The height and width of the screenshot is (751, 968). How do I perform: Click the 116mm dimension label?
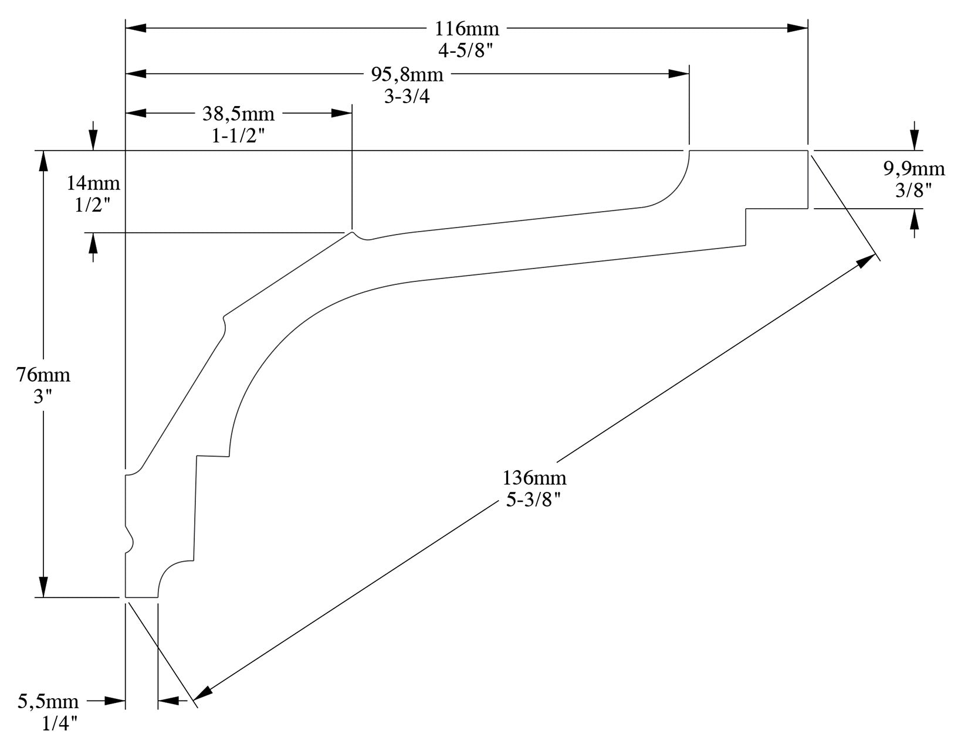click(x=466, y=28)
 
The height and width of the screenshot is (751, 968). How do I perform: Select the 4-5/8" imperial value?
click(x=466, y=50)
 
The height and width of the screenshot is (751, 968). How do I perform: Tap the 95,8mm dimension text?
click(x=407, y=74)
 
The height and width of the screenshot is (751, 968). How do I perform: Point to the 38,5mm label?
click(x=238, y=114)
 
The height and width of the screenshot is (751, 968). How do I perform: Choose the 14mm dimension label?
click(x=93, y=183)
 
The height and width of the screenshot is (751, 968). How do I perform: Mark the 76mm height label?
click(x=43, y=374)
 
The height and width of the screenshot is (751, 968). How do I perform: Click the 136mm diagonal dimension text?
click(x=534, y=478)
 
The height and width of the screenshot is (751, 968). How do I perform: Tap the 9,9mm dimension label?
click(x=914, y=169)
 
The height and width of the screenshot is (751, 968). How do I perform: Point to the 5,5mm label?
click(x=48, y=701)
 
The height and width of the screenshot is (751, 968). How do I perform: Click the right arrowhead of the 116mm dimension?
click(x=798, y=28)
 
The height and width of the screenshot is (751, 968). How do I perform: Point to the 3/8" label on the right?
click(x=914, y=190)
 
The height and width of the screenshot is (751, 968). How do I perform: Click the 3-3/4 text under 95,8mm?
click(x=407, y=97)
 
